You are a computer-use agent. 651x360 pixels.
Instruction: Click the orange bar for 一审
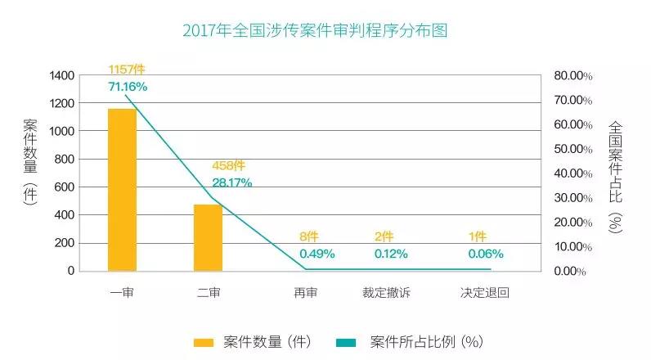coord(122,189)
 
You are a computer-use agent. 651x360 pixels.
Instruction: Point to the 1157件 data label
coord(127,70)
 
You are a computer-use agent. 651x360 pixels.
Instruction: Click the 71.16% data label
coord(128,87)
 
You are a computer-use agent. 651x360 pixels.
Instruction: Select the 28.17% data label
coord(232,182)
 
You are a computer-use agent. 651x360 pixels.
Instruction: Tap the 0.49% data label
coord(317,253)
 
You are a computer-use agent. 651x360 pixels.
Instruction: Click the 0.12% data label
coord(392,253)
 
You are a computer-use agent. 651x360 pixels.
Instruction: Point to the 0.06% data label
coord(485,253)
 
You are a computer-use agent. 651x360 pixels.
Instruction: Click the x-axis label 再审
coord(306,292)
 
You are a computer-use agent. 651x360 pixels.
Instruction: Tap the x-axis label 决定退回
coord(484,292)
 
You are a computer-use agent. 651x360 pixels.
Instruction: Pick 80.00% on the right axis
coord(572,75)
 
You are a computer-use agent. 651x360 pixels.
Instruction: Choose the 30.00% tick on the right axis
coord(572,197)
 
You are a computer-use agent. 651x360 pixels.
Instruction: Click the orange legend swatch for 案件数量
coord(204,340)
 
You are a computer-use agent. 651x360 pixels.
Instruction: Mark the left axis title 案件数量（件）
coord(30,164)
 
